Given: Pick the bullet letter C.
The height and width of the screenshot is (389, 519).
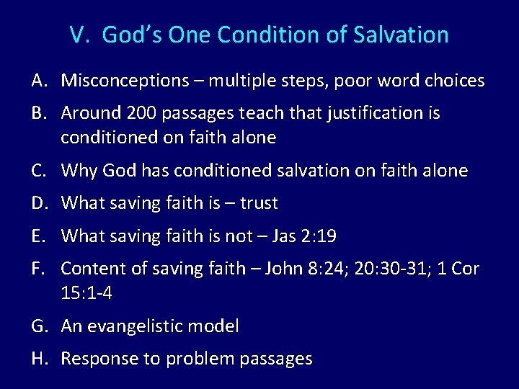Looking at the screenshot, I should click(40, 171).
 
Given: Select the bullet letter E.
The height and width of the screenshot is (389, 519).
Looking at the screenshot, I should click(40, 236).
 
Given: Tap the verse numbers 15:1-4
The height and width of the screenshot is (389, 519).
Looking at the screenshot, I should click(86, 294).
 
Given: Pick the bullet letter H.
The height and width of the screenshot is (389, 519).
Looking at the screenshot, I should click(40, 359).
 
